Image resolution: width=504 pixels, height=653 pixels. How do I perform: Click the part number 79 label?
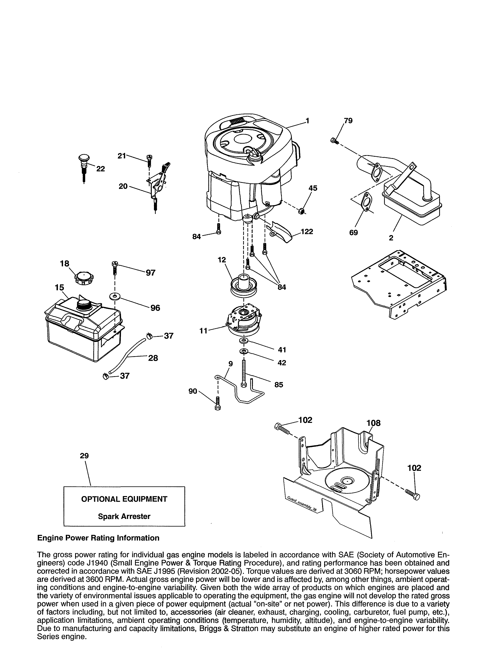(348, 121)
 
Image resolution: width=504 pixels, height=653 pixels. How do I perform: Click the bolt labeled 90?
(218, 404)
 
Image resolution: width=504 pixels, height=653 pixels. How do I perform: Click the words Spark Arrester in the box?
(124, 516)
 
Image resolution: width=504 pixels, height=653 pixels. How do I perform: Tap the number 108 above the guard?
(374, 423)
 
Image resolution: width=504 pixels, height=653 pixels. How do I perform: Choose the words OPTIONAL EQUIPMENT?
(124, 499)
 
